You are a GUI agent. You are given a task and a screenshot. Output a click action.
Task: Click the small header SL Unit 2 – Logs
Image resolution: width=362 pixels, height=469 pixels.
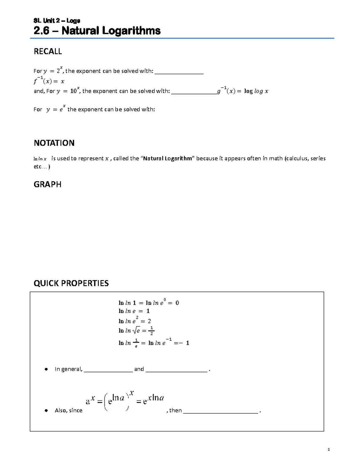(57, 21)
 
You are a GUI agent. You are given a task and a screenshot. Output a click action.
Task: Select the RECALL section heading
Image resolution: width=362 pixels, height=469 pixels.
(48, 52)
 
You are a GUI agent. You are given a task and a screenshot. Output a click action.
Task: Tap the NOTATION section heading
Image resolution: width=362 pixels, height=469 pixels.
(54, 143)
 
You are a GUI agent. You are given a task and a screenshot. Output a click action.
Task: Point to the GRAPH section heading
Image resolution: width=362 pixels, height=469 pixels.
(47, 185)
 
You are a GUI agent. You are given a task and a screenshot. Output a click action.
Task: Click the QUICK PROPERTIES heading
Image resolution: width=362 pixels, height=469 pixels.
(71, 283)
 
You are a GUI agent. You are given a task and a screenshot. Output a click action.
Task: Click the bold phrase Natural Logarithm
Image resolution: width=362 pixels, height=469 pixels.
(168, 159)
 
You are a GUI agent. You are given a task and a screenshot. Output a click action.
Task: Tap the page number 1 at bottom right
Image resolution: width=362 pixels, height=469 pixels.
(329, 450)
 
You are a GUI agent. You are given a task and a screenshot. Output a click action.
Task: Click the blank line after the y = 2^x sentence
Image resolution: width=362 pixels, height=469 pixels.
(179, 73)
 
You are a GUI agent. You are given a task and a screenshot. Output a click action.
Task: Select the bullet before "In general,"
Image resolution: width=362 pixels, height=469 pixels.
(46, 369)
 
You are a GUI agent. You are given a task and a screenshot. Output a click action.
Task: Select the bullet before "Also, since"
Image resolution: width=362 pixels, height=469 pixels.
(46, 411)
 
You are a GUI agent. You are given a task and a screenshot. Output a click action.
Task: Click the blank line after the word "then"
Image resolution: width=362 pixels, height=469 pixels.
(221, 412)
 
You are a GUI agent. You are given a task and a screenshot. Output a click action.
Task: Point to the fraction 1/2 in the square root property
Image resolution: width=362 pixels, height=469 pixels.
(151, 331)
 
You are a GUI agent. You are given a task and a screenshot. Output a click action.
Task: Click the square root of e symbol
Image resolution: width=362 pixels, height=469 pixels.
(137, 331)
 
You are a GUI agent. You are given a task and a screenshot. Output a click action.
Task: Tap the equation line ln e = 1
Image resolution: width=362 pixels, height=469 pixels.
(134, 311)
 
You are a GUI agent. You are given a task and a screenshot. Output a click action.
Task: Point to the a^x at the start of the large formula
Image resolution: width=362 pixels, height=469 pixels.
(90, 400)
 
